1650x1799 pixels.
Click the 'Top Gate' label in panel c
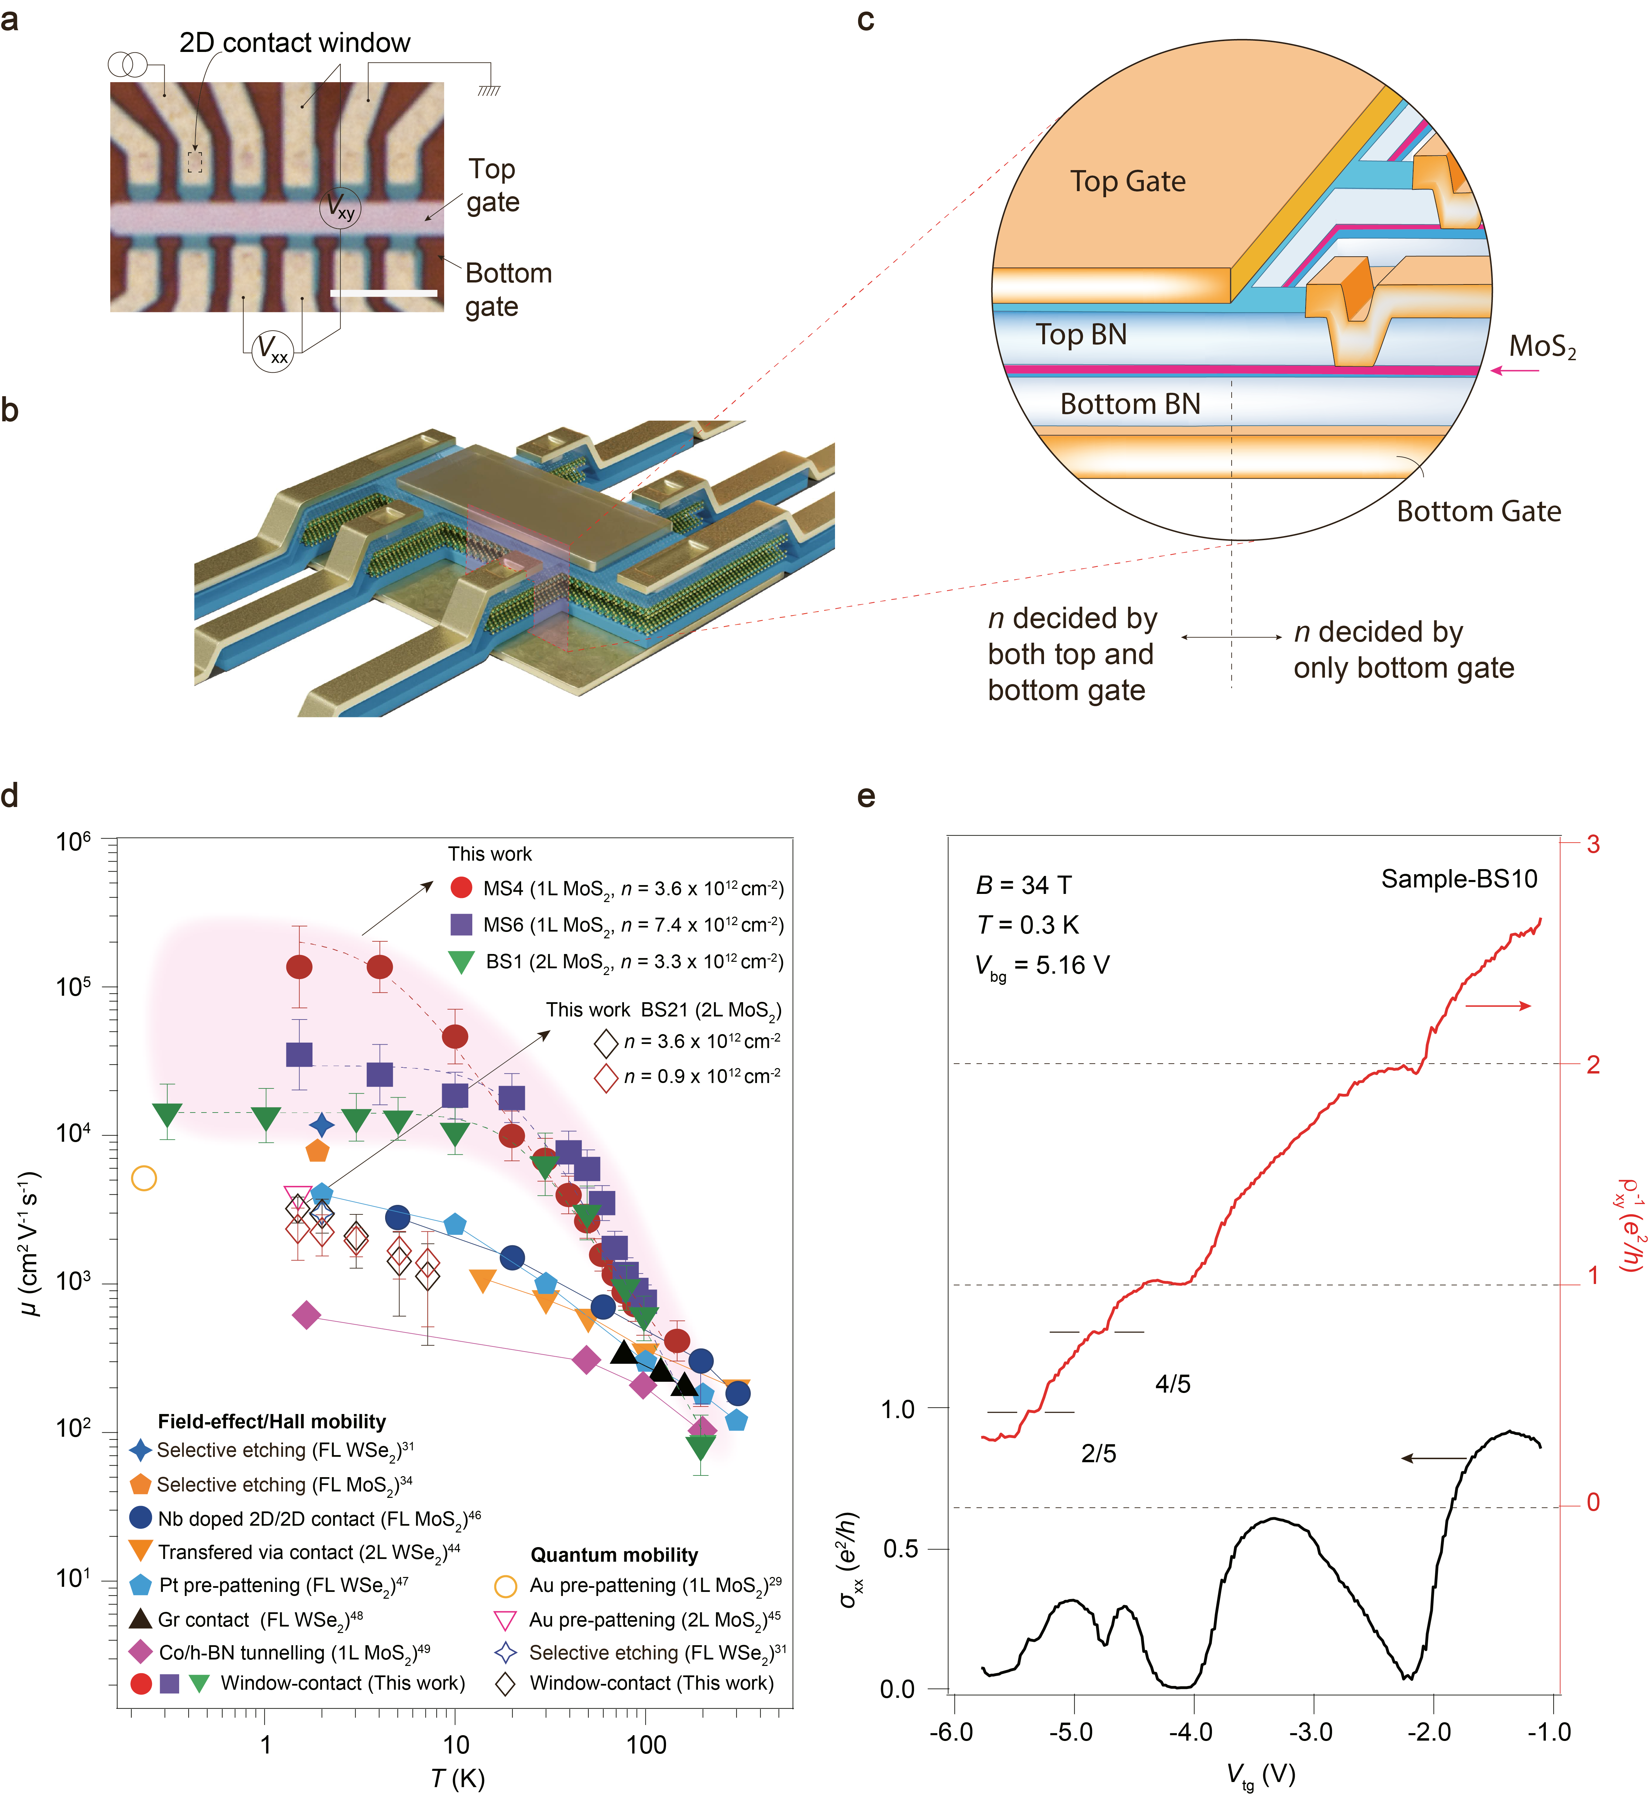point(1128,181)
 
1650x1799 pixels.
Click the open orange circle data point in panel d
point(144,1178)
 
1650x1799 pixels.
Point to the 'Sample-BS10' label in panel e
point(1459,879)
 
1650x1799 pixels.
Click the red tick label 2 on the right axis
point(1593,1064)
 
